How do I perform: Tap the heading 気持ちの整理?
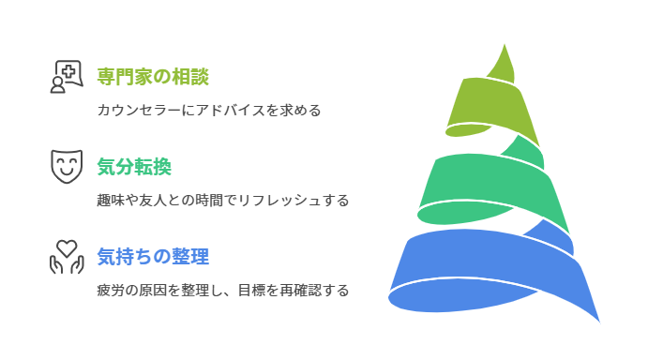click(x=152, y=255)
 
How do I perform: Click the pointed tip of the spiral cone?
click(x=512, y=47)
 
